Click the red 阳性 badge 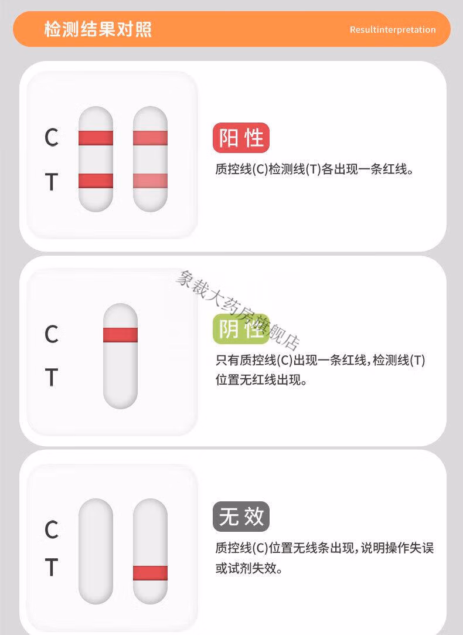click(241, 138)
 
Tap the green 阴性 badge click(241, 329)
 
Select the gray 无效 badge click(241, 517)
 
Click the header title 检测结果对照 click(98, 29)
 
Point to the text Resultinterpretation click(393, 29)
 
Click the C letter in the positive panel click(52, 138)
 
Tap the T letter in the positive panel click(52, 182)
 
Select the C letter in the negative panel click(52, 334)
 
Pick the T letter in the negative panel click(52, 378)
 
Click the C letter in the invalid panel click(52, 529)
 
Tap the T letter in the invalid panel click(52, 567)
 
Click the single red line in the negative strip click(120, 335)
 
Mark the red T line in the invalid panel click(150, 573)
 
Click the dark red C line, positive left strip click(96, 138)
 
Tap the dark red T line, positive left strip click(96, 181)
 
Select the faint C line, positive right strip click(150, 138)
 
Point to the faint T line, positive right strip click(150, 181)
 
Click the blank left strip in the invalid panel click(96, 551)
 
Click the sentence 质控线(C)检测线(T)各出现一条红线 click(311, 169)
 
